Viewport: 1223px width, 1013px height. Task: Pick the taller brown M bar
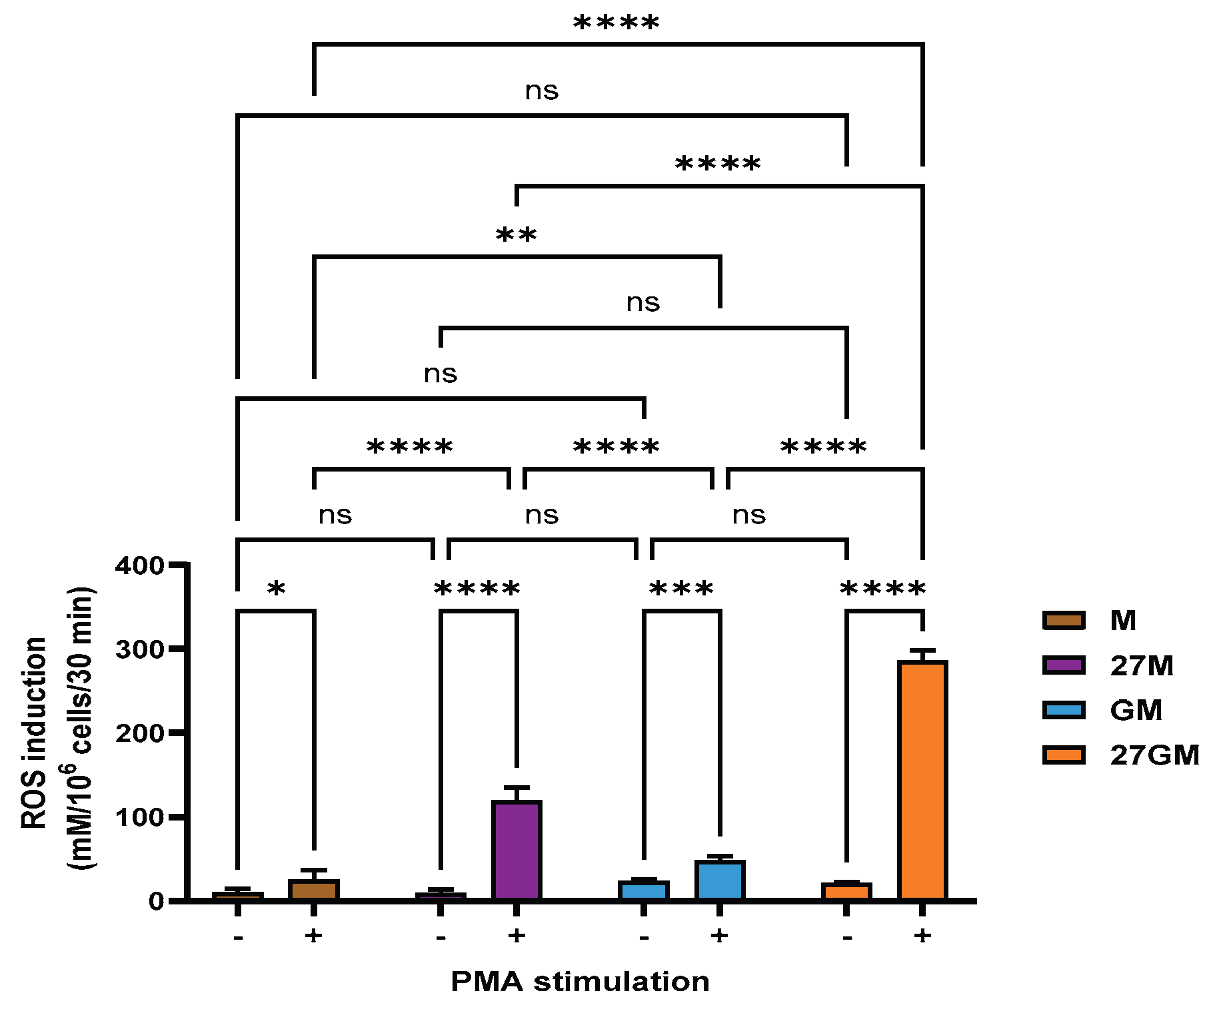pyautogui.click(x=314, y=890)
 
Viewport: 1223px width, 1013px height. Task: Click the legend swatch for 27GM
pyautogui.click(x=1064, y=755)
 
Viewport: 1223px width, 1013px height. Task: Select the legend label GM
pyautogui.click(x=1136, y=711)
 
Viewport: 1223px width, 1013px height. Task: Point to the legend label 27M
pyautogui.click(x=1142, y=666)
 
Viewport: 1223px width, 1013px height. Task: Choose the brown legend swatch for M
pyautogui.click(x=1064, y=621)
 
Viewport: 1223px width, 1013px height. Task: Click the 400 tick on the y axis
pyautogui.click(x=139, y=565)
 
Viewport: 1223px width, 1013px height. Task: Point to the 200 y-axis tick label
pyautogui.click(x=139, y=733)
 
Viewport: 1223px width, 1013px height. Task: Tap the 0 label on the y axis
pyautogui.click(x=156, y=901)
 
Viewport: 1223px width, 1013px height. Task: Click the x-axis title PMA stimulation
pyautogui.click(x=580, y=982)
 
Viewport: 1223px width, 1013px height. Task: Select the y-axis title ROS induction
pyautogui.click(x=35, y=733)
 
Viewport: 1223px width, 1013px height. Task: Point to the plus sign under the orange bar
pyautogui.click(x=922, y=936)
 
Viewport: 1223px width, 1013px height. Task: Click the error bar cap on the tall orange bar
pyautogui.click(x=922, y=650)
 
